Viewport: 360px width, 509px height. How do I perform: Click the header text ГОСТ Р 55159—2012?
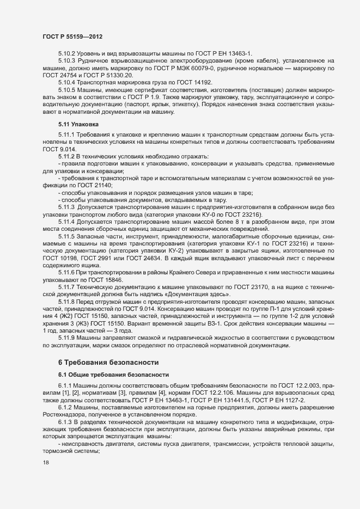72,36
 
